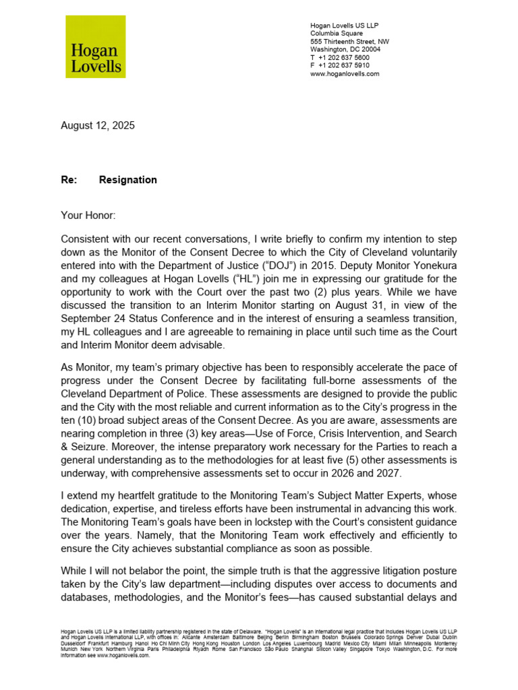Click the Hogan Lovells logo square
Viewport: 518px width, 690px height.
[x=95, y=46]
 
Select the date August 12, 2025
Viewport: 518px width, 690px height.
[x=98, y=125]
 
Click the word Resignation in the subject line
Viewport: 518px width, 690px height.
[x=127, y=180]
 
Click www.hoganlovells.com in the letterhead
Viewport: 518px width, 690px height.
[x=345, y=73]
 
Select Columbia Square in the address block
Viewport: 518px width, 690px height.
[x=336, y=33]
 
